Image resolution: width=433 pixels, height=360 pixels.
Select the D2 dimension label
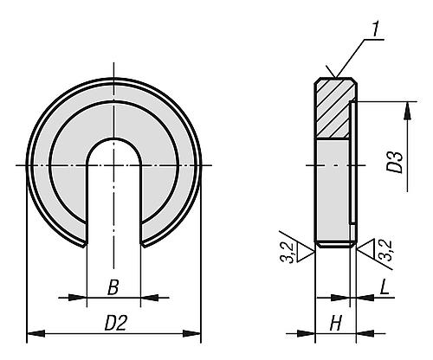point(113,322)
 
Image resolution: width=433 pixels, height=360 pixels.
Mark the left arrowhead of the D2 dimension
point(33,332)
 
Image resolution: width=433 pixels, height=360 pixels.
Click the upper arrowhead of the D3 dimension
point(405,106)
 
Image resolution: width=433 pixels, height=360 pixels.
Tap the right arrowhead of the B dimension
point(136,297)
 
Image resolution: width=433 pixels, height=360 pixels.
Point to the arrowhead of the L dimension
point(359,297)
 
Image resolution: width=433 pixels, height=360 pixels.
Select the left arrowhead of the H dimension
point(320,332)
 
